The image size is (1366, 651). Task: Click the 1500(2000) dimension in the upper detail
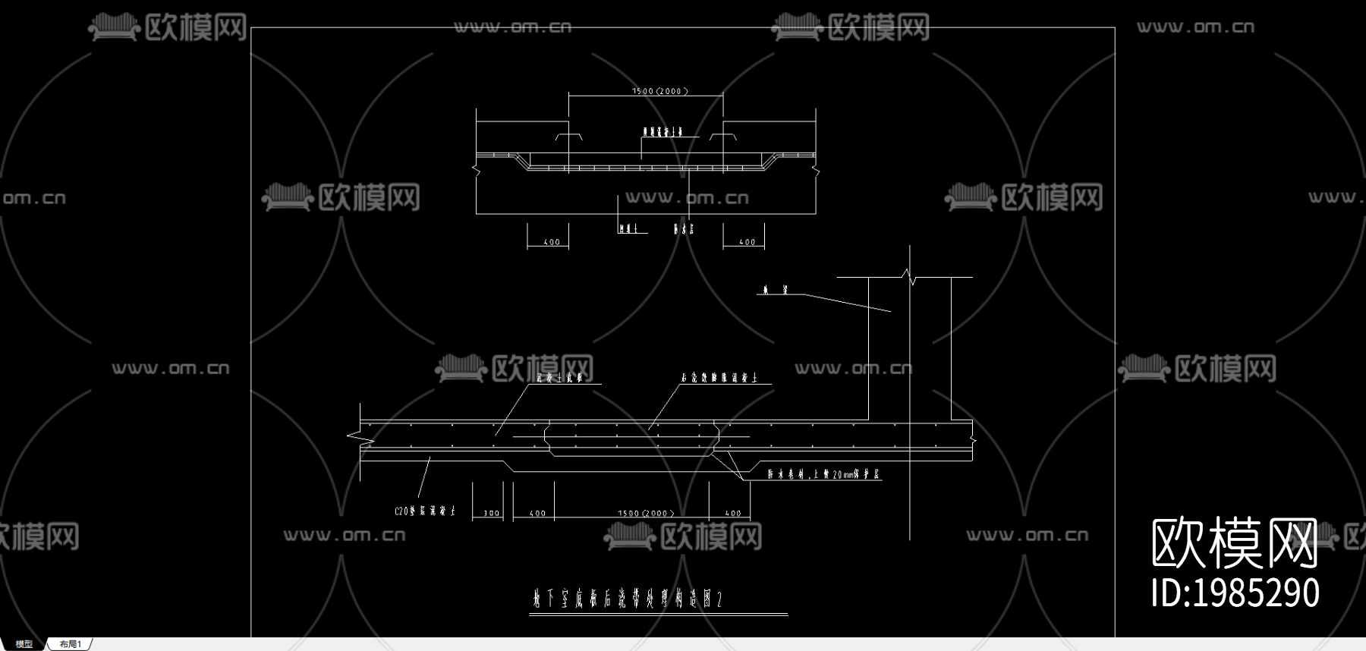[x=659, y=91]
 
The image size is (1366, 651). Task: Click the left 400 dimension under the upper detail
[x=552, y=243]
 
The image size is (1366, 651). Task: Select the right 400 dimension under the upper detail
[x=747, y=243]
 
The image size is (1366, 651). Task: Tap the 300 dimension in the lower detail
[x=491, y=514]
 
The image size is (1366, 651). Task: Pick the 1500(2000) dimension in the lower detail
[x=646, y=514]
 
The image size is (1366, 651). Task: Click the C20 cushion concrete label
[x=424, y=511]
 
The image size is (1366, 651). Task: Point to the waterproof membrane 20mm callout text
[x=823, y=475]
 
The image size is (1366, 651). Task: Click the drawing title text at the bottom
[x=627, y=600]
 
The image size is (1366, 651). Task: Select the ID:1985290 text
[x=1235, y=593]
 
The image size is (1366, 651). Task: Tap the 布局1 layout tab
[x=70, y=644]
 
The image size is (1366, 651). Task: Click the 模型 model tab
[x=24, y=644]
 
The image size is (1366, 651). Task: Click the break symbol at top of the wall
[x=909, y=277]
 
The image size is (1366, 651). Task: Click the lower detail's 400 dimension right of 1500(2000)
[x=732, y=514]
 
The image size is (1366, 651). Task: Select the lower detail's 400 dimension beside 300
[x=537, y=514]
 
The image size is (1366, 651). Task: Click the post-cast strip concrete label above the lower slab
[x=719, y=377]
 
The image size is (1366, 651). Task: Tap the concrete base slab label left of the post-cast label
[x=559, y=377]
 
